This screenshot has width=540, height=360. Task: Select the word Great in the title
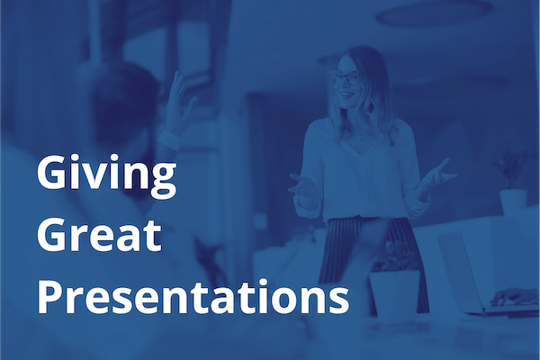(99, 236)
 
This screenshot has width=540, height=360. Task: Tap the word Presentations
(193, 298)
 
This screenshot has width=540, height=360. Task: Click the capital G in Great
(53, 236)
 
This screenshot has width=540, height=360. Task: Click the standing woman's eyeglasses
(349, 77)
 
